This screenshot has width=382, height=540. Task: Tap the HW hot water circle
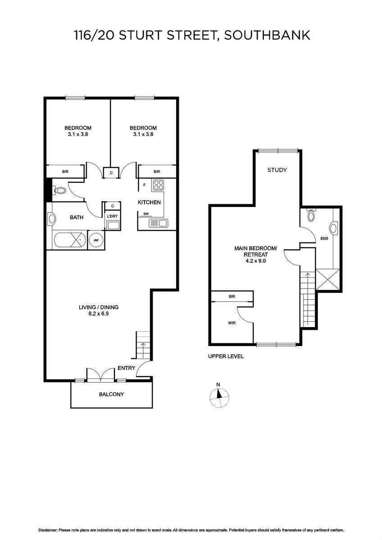(x=96, y=240)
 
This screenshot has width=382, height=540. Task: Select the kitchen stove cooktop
(x=158, y=185)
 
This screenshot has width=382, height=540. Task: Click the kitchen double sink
(x=158, y=223)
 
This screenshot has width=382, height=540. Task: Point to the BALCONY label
(x=111, y=394)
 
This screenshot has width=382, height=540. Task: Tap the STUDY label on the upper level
(x=277, y=170)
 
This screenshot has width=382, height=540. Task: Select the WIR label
(x=232, y=323)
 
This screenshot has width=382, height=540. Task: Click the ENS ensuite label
(x=324, y=238)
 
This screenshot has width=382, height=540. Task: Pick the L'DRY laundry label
(x=112, y=216)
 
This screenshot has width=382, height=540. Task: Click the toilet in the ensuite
(x=310, y=215)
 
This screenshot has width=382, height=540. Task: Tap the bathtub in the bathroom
(x=70, y=240)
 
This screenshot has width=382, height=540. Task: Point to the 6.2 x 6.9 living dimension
(x=99, y=314)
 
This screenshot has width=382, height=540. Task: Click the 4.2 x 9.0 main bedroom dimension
(x=256, y=261)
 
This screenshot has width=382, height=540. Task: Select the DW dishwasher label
(x=146, y=214)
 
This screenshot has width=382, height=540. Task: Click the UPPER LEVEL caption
(x=226, y=356)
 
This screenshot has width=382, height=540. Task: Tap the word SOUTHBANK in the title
(x=267, y=35)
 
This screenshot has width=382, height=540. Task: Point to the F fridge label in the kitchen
(x=145, y=185)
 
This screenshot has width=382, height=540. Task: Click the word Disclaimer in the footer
(x=48, y=530)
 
